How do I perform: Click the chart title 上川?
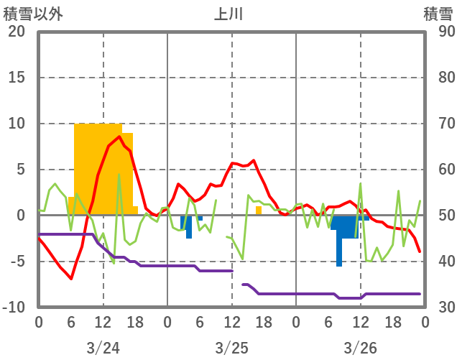tap(229, 14)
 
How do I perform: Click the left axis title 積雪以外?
tap(32, 14)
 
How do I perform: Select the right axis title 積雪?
tap(438, 14)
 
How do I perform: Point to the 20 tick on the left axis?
tap(17, 32)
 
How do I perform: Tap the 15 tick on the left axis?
tap(17, 78)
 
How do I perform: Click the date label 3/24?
tap(103, 348)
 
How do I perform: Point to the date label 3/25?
tap(231, 348)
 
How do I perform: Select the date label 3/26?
tap(360, 348)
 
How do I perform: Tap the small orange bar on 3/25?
tap(259, 211)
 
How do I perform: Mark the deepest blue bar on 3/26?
tap(339, 244)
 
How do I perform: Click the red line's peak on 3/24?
tap(119, 137)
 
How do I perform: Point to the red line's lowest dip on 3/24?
tap(71, 278)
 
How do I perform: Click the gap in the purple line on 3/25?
tap(237, 278)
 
